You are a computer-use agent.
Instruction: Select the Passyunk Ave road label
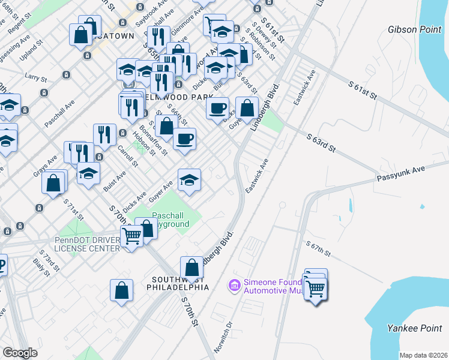pyautogui.click(x=400, y=174)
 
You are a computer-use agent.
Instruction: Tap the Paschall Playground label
pyautogui.click(x=170, y=220)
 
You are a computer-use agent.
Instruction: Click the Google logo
pyautogui.click(x=20, y=353)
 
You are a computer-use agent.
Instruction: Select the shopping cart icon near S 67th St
pyautogui.click(x=315, y=289)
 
